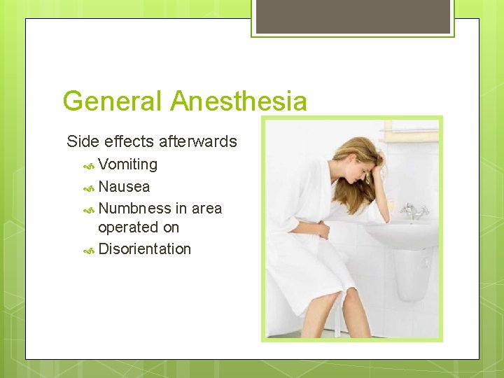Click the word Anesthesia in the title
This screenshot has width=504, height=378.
238,101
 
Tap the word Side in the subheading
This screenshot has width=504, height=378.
82,141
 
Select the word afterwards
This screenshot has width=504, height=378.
197,141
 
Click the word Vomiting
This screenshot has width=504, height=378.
127,164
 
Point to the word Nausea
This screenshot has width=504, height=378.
124,187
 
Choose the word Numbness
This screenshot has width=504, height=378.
134,209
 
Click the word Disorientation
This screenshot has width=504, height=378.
144,249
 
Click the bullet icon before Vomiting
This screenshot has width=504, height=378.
89,166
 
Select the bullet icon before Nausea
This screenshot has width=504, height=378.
89,188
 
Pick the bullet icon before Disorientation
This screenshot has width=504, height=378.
89,250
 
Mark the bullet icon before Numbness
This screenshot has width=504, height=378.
89,209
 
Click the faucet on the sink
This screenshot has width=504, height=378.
414,210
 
